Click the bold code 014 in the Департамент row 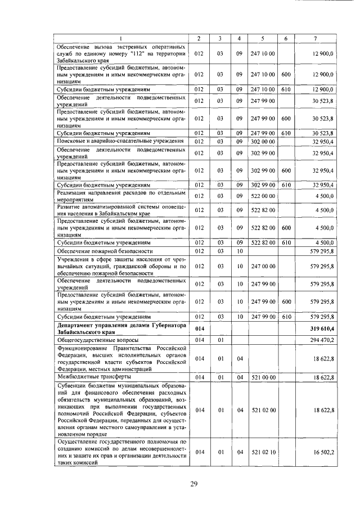click(x=199, y=328)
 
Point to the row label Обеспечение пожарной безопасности click(x=105, y=251)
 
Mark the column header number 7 click(x=318, y=38)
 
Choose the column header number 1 click(x=120, y=38)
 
